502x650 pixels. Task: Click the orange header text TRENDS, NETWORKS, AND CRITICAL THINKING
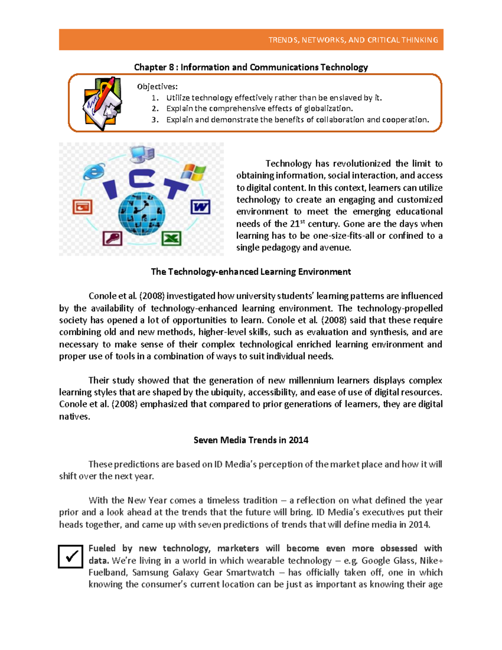(353, 40)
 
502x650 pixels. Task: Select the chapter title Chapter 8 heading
(251, 67)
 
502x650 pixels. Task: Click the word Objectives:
(157, 87)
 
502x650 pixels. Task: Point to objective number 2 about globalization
(259, 108)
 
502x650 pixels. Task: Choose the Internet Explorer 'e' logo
(94, 171)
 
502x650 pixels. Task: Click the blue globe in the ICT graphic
(141, 214)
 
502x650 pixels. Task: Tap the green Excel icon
(172, 239)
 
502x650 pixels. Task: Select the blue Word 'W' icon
(200, 207)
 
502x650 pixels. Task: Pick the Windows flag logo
(194, 172)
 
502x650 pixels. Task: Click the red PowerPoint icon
(82, 207)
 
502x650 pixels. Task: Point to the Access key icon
(113, 238)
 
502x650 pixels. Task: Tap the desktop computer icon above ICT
(141, 154)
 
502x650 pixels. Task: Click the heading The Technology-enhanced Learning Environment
(251, 272)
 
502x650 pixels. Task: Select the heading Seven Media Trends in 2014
(251, 440)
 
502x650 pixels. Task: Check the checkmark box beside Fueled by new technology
(70, 557)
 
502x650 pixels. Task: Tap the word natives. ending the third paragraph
(74, 416)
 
